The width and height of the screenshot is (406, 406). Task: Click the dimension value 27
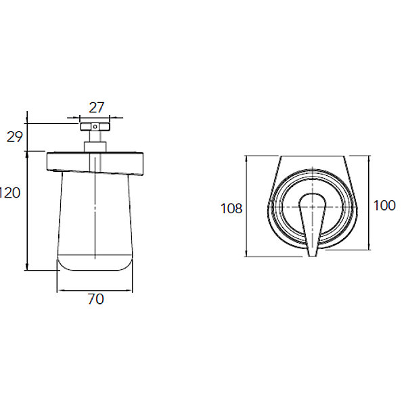96,108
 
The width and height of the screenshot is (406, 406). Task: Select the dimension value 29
14,137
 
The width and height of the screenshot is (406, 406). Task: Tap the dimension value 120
10,193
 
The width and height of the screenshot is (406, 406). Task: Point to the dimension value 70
96,299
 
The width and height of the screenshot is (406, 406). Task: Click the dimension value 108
231,208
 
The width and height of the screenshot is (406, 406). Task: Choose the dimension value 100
384,206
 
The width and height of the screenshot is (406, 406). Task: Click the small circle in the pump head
95,127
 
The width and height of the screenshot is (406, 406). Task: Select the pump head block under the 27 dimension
95,127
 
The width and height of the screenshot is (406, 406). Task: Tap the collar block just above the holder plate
95,147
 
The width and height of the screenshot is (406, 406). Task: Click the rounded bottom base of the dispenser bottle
95,263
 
